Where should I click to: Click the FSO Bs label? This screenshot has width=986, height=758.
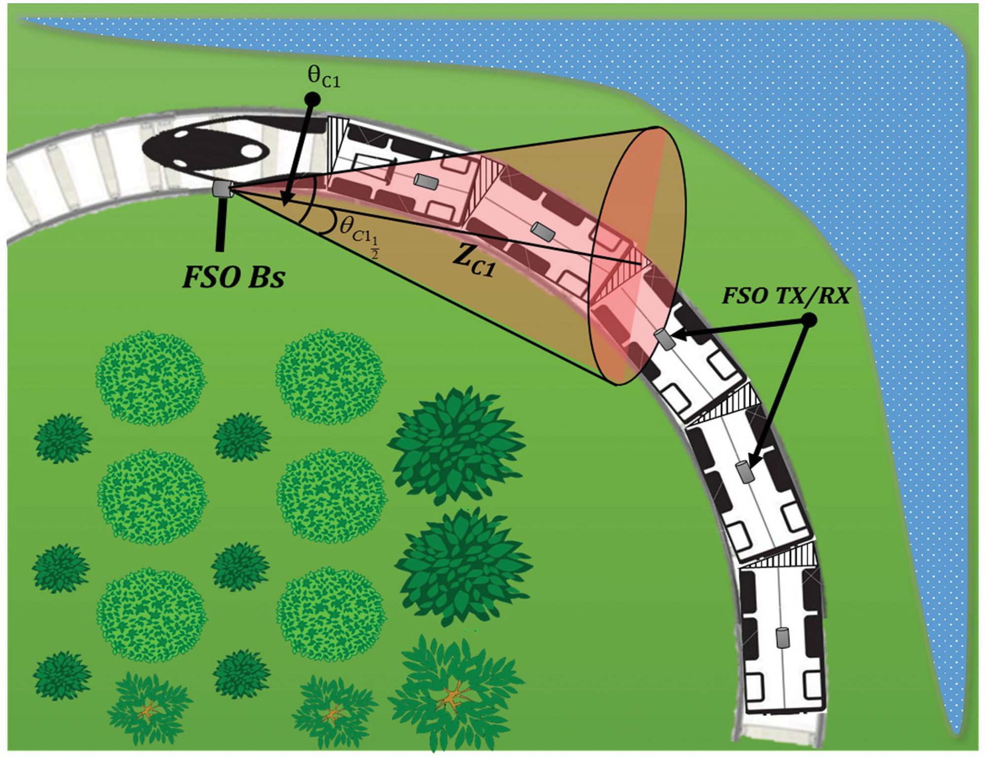click(234, 277)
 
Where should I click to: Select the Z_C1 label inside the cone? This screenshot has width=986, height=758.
click(473, 262)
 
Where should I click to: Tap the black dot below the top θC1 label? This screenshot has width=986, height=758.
click(313, 100)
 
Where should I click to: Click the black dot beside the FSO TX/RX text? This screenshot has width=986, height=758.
click(809, 321)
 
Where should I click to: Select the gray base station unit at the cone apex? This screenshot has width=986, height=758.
click(222, 188)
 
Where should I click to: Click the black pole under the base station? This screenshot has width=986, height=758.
click(221, 225)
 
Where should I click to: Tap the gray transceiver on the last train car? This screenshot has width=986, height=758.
click(782, 638)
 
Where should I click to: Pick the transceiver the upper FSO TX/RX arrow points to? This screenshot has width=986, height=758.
click(664, 340)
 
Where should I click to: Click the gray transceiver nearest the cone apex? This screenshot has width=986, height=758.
click(425, 181)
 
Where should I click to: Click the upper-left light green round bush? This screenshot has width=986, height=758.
click(150, 377)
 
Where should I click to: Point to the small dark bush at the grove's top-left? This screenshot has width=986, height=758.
click(63, 438)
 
